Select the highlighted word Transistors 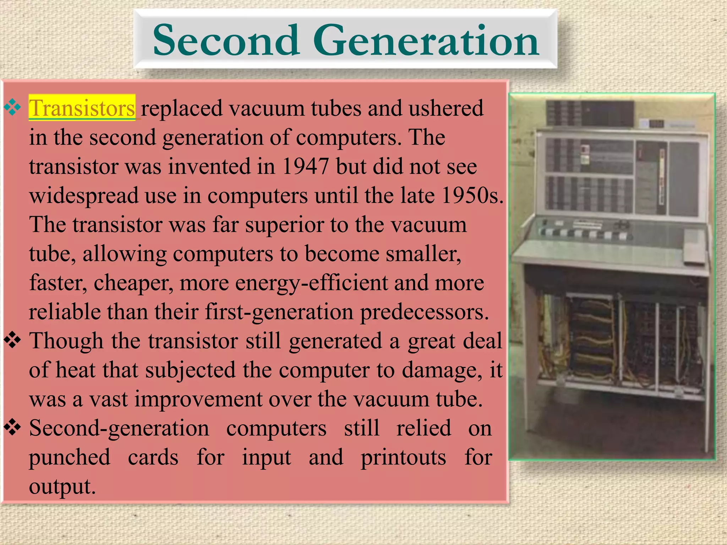pyautogui.click(x=82, y=108)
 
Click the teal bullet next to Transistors pyautogui.click(x=13, y=108)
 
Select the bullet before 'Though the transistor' pyautogui.click(x=13, y=341)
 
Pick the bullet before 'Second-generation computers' pyautogui.click(x=13, y=428)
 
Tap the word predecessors pyautogui.click(x=424, y=312)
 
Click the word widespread pyautogui.click(x=84, y=196)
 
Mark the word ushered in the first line pyautogui.click(x=446, y=108)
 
